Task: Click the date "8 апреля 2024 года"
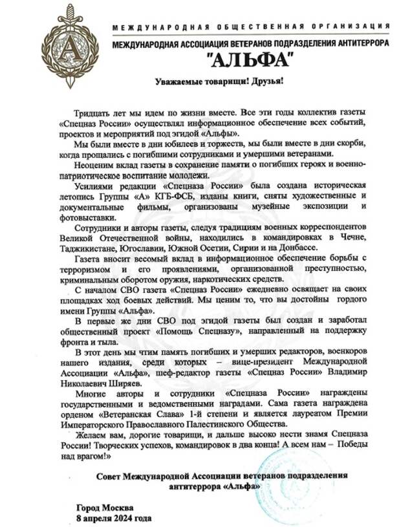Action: [114, 518]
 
